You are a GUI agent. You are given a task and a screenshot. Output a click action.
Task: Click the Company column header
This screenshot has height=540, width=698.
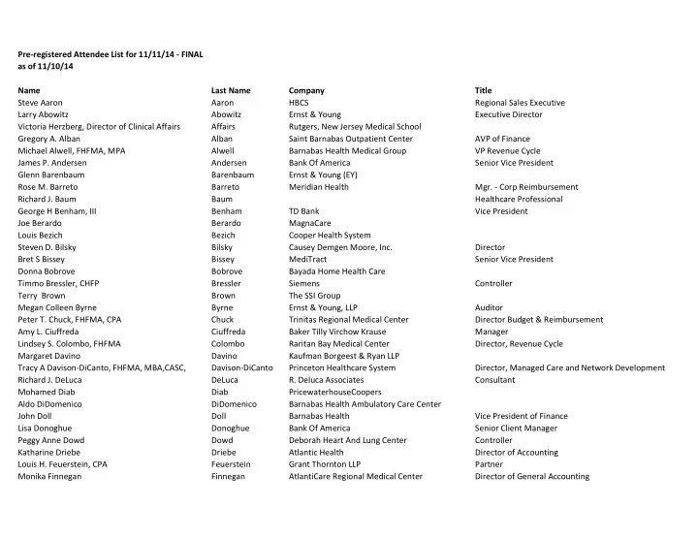point(306,90)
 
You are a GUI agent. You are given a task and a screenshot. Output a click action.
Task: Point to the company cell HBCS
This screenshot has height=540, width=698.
point(301,103)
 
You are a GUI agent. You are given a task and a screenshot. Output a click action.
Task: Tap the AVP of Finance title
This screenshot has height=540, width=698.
point(501,139)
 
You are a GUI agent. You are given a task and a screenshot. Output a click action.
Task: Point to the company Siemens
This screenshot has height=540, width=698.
point(305,283)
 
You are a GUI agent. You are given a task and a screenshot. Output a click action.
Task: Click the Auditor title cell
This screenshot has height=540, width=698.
point(490,307)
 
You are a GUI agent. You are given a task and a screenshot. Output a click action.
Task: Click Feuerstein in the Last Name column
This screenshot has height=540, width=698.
point(231,464)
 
